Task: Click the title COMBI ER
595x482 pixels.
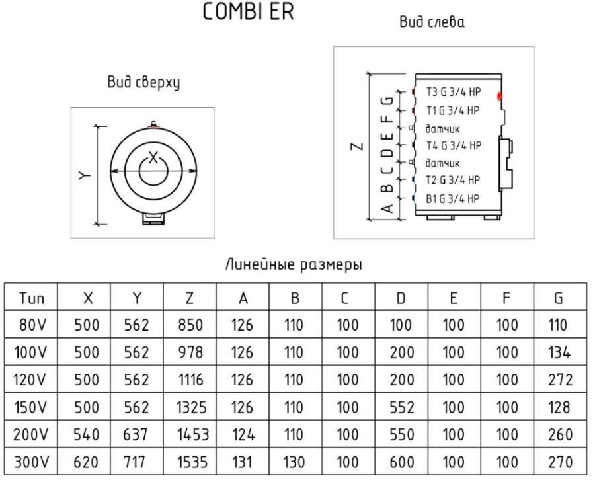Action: click(x=248, y=12)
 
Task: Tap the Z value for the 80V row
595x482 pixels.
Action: click(x=190, y=325)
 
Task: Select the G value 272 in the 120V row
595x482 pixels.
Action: click(x=560, y=380)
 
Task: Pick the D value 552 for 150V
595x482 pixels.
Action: click(x=401, y=407)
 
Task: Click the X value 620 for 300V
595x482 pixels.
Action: click(x=87, y=462)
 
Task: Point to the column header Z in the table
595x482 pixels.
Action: click(x=189, y=298)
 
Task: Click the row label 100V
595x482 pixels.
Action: click(x=30, y=352)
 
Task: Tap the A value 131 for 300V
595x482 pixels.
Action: click(x=242, y=462)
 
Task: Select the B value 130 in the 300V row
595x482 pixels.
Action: click(x=294, y=462)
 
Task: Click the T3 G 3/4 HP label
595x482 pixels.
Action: click(x=454, y=92)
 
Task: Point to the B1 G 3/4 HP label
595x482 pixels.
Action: click(x=452, y=199)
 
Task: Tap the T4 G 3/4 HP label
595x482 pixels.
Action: click(x=454, y=145)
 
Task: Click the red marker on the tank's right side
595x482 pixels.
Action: click(x=500, y=97)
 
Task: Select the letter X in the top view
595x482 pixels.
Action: click(x=153, y=157)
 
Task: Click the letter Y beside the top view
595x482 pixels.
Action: click(x=85, y=175)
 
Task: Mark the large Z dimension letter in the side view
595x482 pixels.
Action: click(x=357, y=146)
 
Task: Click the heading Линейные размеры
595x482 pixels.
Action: click(x=294, y=264)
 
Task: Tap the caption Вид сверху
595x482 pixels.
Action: click(x=143, y=83)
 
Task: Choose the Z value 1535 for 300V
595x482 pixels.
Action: click(x=192, y=462)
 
